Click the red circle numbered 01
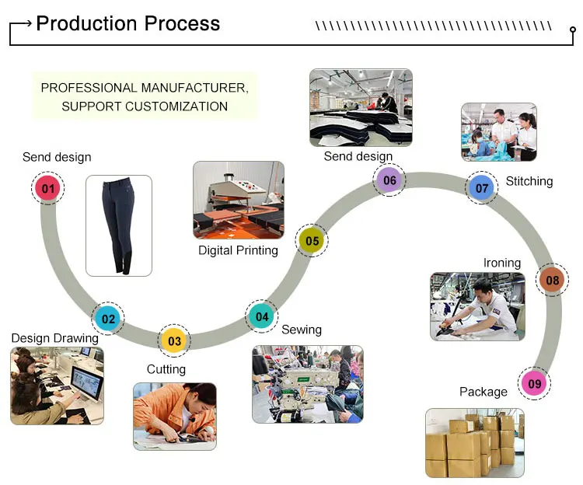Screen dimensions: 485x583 point(48,188)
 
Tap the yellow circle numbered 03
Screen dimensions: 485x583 point(174,340)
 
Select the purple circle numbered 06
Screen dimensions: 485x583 point(389,181)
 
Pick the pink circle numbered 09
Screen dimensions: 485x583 point(535,383)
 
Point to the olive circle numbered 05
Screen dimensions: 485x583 point(312,241)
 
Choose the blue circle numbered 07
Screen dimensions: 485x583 point(482,188)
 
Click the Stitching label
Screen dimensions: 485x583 point(529,181)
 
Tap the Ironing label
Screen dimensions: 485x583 point(502,263)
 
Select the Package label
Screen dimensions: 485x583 point(483,392)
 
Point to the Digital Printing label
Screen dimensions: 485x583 point(238,250)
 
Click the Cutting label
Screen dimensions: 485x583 point(166,369)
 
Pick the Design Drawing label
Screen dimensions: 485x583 point(54,338)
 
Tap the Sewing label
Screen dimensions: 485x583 point(302,330)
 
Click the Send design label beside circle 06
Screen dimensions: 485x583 point(358,156)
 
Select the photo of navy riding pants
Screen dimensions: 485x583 point(119,225)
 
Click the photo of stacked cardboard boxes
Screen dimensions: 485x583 point(474,442)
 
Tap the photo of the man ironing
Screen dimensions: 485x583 point(477,306)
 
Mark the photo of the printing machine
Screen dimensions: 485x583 point(239,200)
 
